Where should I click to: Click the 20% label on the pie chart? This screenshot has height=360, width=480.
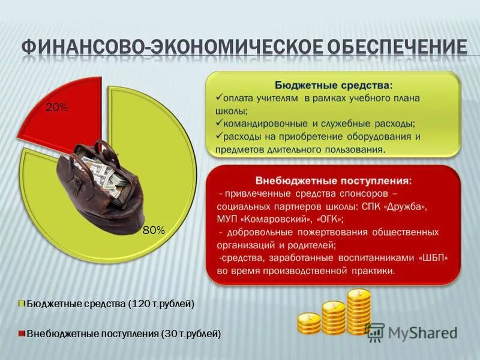click(57, 107)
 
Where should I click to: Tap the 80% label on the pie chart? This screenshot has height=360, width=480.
click(154, 230)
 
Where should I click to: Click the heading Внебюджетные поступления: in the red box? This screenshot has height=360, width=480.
click(334, 180)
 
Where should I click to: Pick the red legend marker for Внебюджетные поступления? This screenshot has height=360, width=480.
click(22, 332)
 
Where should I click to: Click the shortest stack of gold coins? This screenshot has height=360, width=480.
click(309, 323)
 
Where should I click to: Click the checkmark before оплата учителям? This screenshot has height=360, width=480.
click(218, 98)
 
